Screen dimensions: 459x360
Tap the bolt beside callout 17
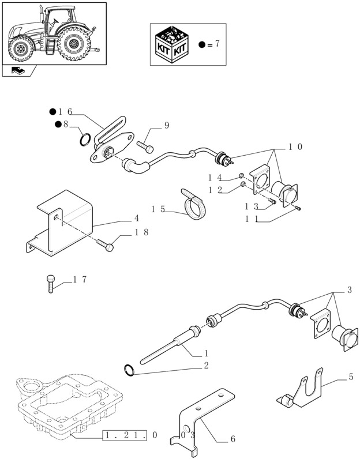click(51, 284)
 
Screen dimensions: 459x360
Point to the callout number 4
click(136, 219)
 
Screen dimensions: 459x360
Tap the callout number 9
click(166, 126)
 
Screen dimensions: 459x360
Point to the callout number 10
click(296, 147)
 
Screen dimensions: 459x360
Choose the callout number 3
click(349, 290)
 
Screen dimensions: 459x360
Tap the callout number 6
click(232, 439)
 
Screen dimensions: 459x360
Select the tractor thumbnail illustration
click(54, 32)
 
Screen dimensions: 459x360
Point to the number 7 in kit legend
click(217, 44)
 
